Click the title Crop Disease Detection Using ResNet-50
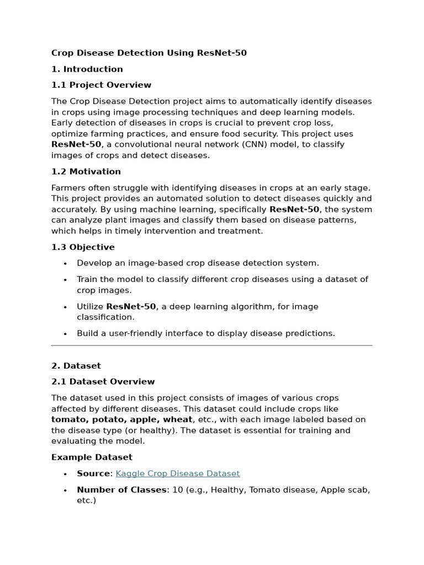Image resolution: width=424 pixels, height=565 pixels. (x=149, y=53)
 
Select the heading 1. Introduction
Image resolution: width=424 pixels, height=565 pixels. (x=87, y=69)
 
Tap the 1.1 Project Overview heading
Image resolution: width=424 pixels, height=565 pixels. (x=101, y=85)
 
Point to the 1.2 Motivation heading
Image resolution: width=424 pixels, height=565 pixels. (x=86, y=172)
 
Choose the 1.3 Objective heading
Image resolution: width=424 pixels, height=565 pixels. (x=83, y=247)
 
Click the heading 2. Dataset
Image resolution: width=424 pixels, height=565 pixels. (x=76, y=366)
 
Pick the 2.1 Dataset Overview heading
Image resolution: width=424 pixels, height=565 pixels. (x=103, y=382)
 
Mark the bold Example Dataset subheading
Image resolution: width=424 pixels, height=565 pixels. (x=92, y=457)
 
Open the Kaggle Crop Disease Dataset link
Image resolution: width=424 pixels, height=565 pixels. (x=178, y=473)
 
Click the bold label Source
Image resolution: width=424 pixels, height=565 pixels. (x=93, y=473)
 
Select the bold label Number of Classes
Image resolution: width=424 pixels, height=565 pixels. (x=121, y=490)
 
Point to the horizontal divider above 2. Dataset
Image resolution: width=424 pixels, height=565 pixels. (x=212, y=346)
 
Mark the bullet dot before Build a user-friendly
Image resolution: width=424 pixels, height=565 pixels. (x=65, y=334)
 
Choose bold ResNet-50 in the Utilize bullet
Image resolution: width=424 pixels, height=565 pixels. (x=131, y=307)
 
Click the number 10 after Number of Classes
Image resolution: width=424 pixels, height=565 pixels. (x=176, y=490)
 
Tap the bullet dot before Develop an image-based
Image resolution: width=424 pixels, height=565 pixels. (x=65, y=264)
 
